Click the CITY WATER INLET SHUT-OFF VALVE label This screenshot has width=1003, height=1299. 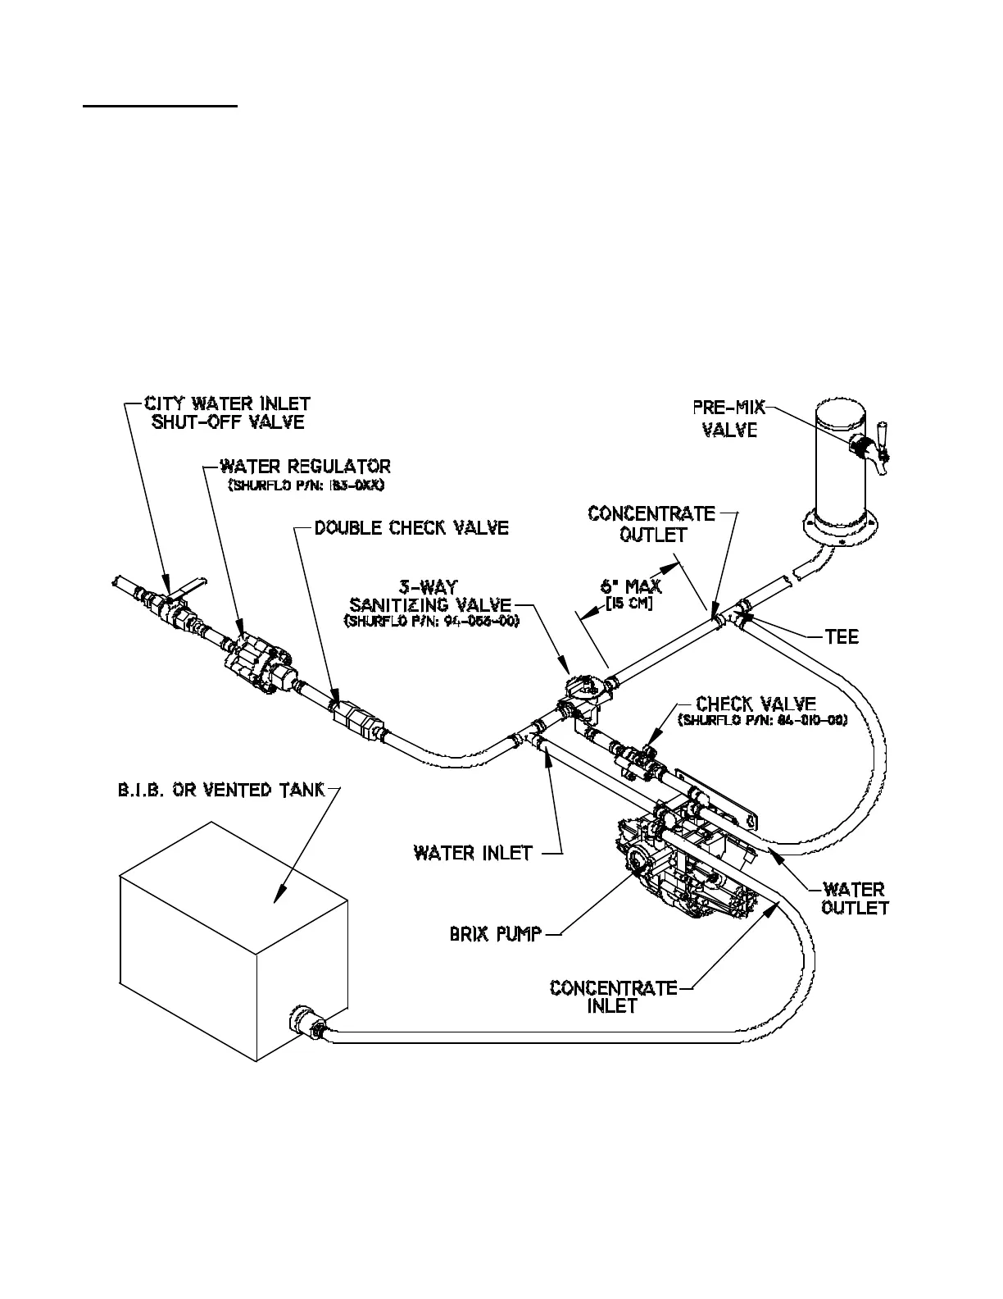[x=227, y=413]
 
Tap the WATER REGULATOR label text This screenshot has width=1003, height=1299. [x=305, y=467]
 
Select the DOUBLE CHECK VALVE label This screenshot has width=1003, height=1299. [x=411, y=527]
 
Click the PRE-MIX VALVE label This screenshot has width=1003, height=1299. [x=729, y=418]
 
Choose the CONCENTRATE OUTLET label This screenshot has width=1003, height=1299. [x=651, y=523]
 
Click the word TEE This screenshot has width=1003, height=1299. [x=842, y=636]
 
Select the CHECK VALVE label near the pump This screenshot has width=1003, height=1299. [x=756, y=704]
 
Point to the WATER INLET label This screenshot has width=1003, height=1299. [x=474, y=853]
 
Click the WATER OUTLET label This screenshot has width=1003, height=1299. [x=855, y=898]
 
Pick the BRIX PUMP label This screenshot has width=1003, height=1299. [x=496, y=933]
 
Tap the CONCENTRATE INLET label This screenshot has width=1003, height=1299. [x=613, y=996]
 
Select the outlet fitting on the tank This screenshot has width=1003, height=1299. [x=305, y=1023]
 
